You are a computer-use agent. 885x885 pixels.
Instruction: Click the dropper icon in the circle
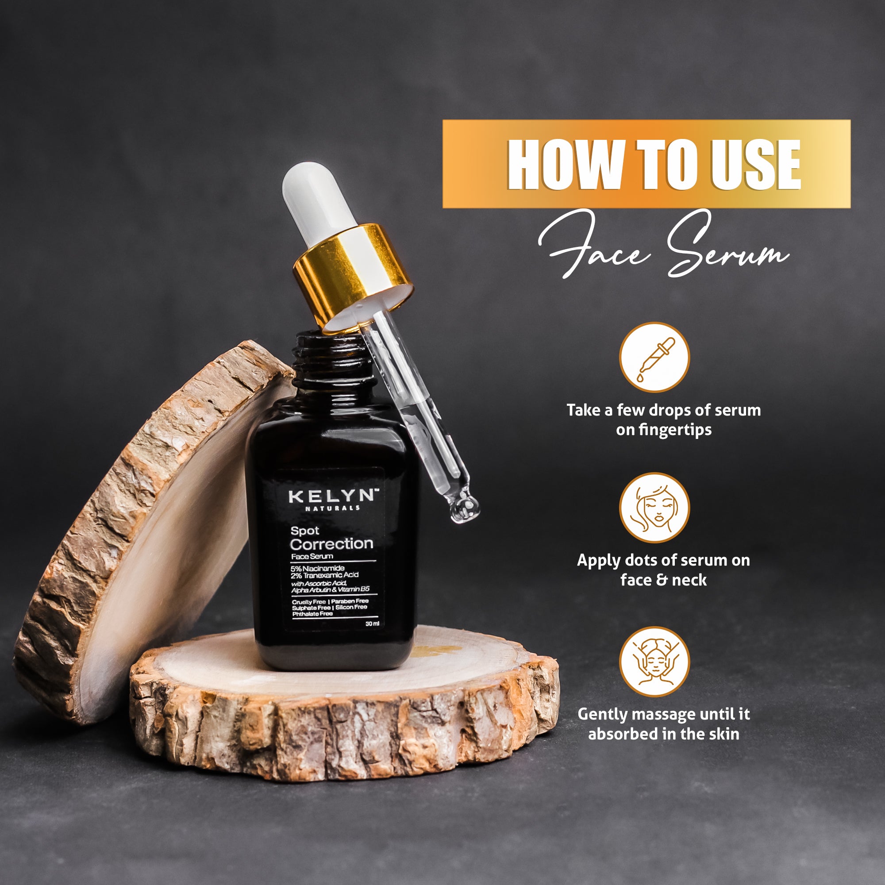point(654,357)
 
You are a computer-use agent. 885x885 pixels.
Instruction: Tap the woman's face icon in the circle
point(654,508)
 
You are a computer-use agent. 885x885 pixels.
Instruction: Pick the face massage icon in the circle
point(654,662)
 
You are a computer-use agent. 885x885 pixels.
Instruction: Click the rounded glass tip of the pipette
point(465,508)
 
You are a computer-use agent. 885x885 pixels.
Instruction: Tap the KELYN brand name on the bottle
point(334,496)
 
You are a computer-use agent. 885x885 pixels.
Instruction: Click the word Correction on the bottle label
point(331,544)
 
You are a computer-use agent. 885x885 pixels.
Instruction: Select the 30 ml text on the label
point(372,624)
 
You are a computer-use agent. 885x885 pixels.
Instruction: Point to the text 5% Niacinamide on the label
point(317,568)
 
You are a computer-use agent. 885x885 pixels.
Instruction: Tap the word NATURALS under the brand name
point(333,508)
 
